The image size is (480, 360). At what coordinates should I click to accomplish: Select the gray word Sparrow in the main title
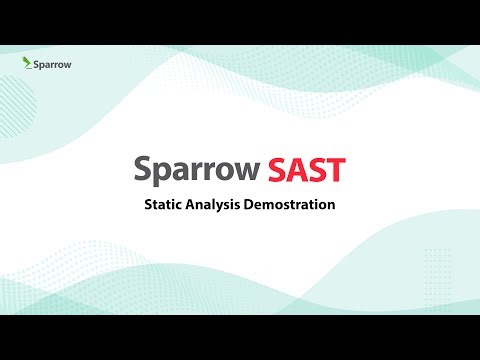(197, 170)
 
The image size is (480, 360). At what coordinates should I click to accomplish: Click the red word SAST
(307, 170)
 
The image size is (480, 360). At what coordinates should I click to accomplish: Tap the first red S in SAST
(278, 170)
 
